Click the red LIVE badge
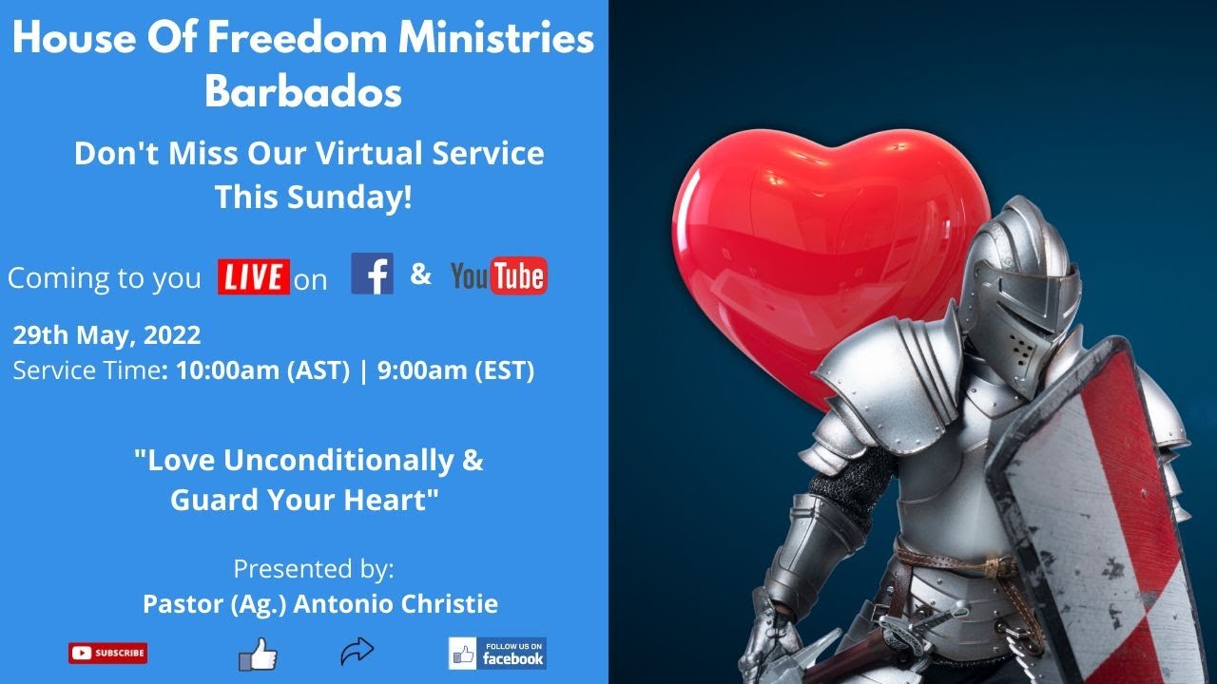point(253,276)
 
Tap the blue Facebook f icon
point(372,274)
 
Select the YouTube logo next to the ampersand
point(498,276)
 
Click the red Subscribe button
point(107,653)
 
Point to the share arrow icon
point(357,652)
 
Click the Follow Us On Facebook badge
point(497,653)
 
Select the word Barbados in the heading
point(303,92)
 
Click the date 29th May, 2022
point(106,334)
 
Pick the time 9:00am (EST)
point(455,370)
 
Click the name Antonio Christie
point(396,604)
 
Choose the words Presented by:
point(314,569)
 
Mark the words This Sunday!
point(313,197)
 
